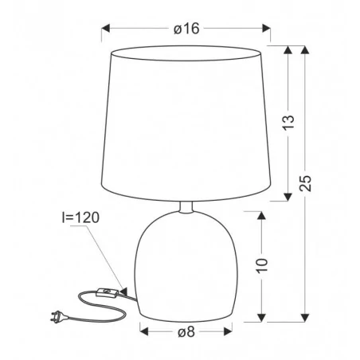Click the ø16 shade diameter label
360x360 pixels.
click(x=186, y=29)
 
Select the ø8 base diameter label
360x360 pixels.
click(x=186, y=332)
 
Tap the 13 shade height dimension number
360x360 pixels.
click(x=288, y=123)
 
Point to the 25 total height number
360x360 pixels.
click(x=305, y=183)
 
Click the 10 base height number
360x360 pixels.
click(x=262, y=265)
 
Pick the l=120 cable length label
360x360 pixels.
click(x=80, y=217)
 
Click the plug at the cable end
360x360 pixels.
click(x=58, y=316)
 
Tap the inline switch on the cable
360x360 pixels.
click(x=107, y=292)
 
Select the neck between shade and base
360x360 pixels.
click(x=186, y=207)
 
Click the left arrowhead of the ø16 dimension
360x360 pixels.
click(x=106, y=28)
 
